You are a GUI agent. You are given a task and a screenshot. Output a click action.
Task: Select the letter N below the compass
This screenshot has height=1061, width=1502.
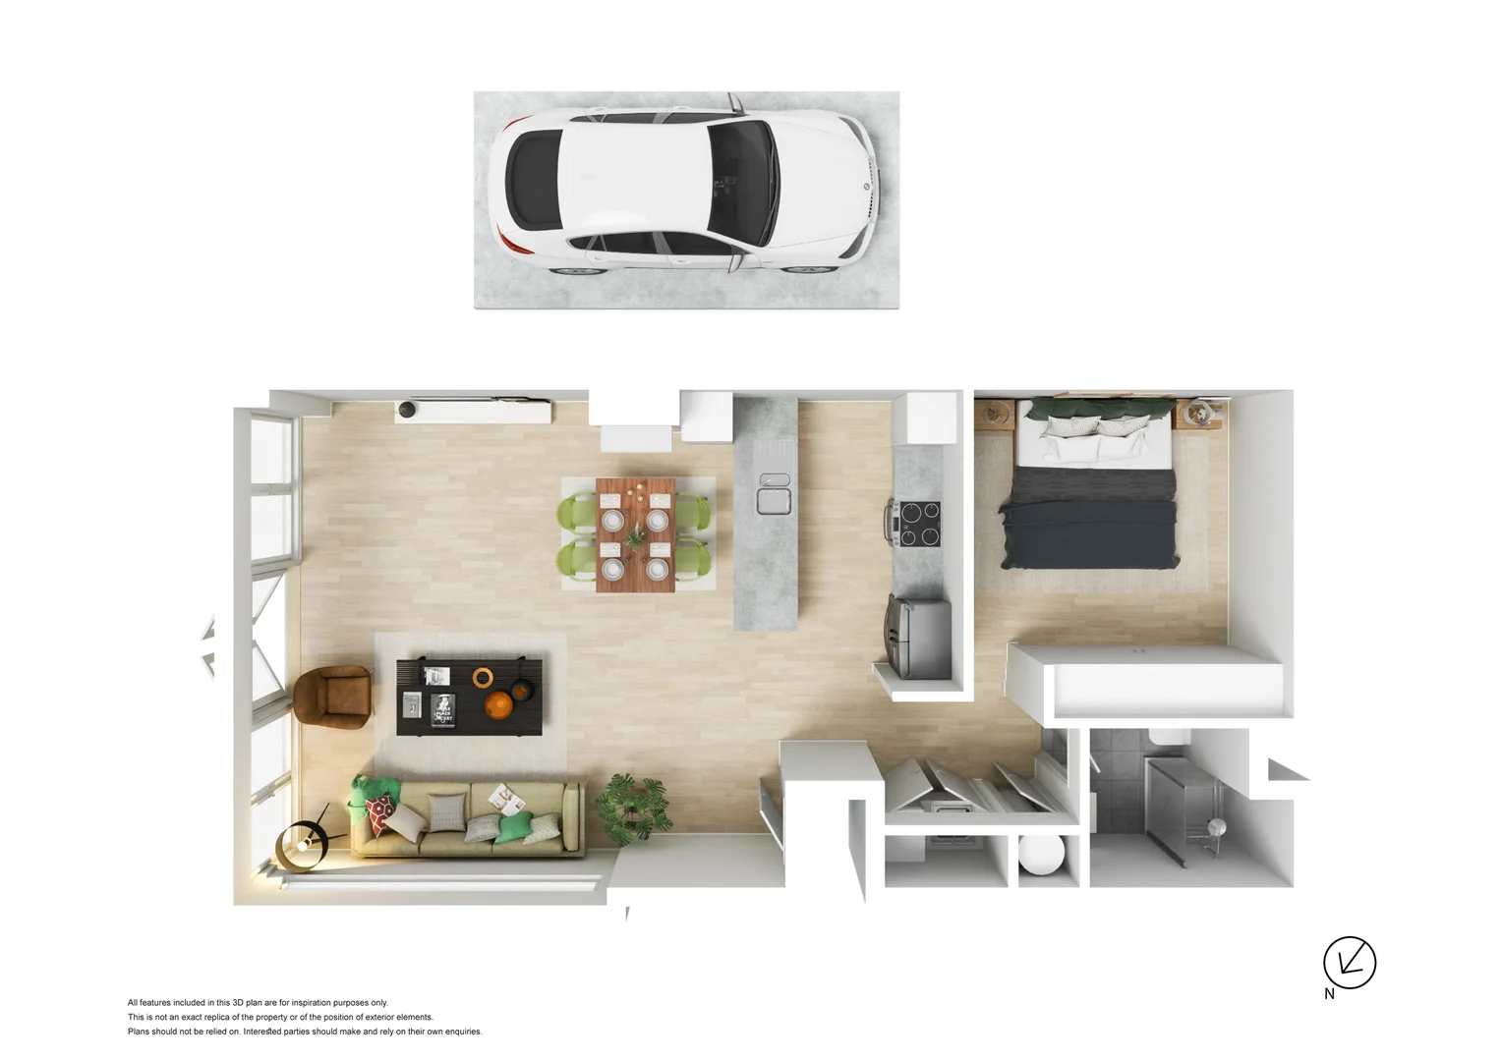coord(1329,994)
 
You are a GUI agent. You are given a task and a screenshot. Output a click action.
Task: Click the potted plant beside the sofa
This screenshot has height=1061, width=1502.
coord(634,808)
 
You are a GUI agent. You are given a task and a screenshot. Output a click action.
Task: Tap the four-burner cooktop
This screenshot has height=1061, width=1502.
coord(917,524)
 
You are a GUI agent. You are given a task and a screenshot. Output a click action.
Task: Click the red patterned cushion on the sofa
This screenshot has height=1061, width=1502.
coord(380,812)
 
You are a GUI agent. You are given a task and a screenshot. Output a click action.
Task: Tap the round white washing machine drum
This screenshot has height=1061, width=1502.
coord(1042,854)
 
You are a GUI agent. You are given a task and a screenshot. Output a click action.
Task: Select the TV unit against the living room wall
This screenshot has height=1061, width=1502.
coord(473,411)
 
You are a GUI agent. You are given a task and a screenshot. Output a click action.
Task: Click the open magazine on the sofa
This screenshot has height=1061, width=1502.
coord(506,799)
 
